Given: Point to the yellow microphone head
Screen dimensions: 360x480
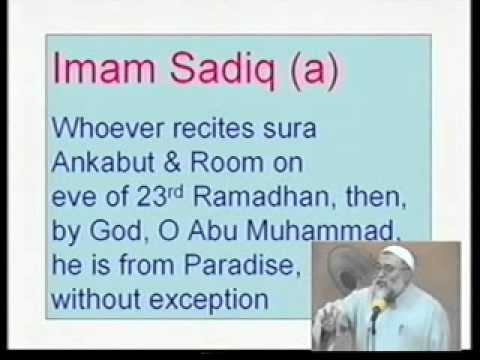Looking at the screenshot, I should (x=378, y=303).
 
